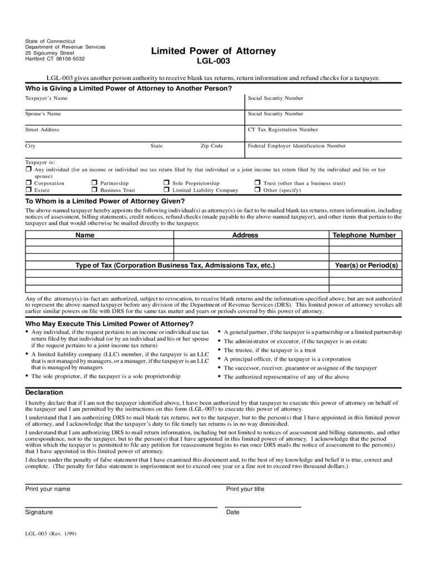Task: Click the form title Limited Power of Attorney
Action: pyautogui.click(x=213, y=51)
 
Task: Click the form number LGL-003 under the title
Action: pyautogui.click(x=213, y=62)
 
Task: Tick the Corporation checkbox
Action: pyautogui.click(x=28, y=183)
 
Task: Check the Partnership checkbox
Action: pyautogui.click(x=95, y=183)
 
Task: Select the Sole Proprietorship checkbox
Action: pyautogui.click(x=166, y=183)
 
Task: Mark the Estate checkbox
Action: pyautogui.click(x=28, y=190)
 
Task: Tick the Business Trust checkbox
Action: pyautogui.click(x=95, y=190)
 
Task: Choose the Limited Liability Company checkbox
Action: pyautogui.click(x=166, y=190)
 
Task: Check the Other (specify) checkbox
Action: pyautogui.click(x=257, y=190)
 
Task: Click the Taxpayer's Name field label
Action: pyautogui.click(x=46, y=98)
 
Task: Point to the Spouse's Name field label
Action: pyautogui.click(x=43, y=114)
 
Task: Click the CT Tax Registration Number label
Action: pyautogui.click(x=283, y=130)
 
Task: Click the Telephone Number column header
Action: pyautogui.click(x=364, y=235)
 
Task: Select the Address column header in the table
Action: pyautogui.click(x=245, y=235)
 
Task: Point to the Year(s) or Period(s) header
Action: pyautogui.click(x=366, y=266)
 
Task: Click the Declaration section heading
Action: pyautogui.click(x=44, y=392)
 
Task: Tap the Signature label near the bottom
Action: pyautogui.click(x=39, y=512)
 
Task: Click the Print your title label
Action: pyautogui.click(x=245, y=489)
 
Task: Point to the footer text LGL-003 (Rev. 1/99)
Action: pyautogui.click(x=51, y=533)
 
